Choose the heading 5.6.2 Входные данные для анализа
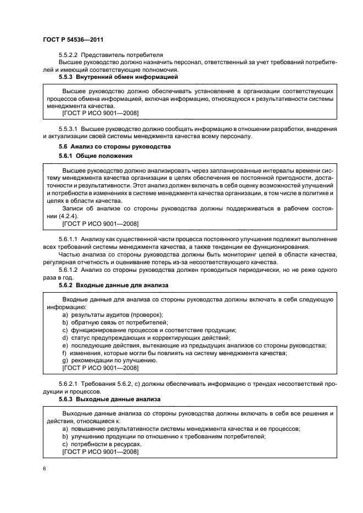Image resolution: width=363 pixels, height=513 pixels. [x=113, y=286]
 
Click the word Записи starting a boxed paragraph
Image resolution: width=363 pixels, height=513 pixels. [x=74, y=209]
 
